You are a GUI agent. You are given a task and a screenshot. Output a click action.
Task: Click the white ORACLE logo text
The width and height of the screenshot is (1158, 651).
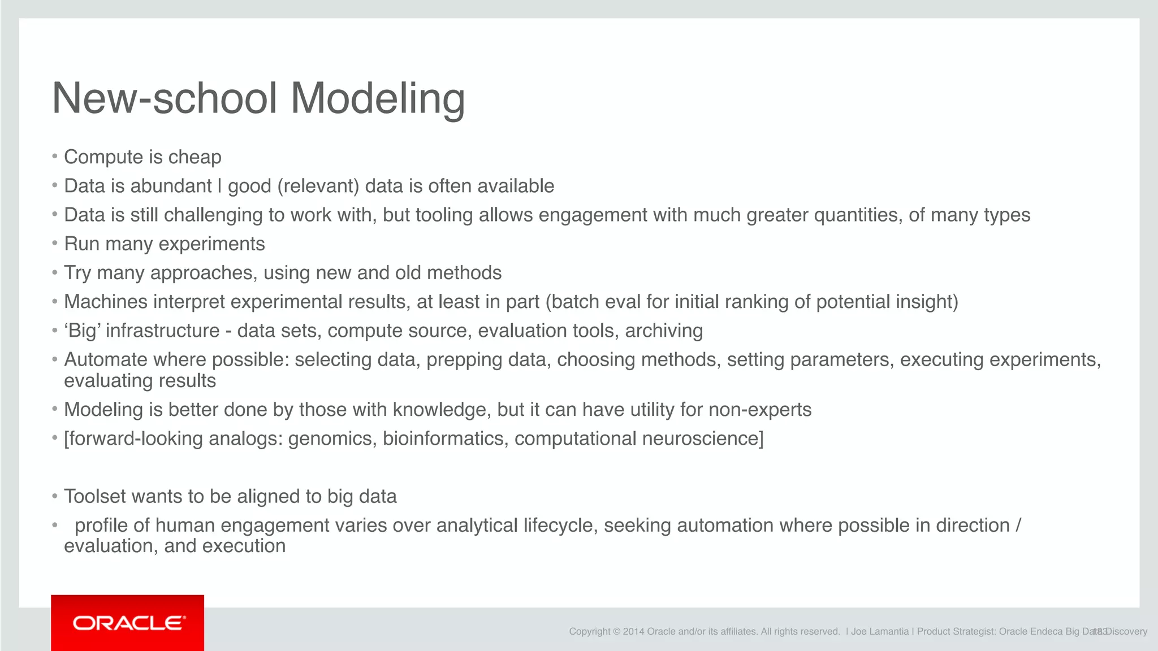pos(129,623)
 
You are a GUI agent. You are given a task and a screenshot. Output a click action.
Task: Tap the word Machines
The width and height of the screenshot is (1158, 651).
pos(106,302)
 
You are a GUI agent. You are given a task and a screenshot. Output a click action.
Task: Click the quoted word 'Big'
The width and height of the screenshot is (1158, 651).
pos(84,331)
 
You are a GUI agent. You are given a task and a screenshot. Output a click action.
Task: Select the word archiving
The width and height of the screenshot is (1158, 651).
pos(664,331)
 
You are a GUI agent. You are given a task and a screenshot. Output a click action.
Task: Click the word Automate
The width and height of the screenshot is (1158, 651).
pos(106,360)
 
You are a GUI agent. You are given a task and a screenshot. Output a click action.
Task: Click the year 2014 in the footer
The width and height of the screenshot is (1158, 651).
pos(633,632)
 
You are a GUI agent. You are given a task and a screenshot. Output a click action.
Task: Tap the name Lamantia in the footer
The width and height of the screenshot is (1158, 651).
pos(889,632)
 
